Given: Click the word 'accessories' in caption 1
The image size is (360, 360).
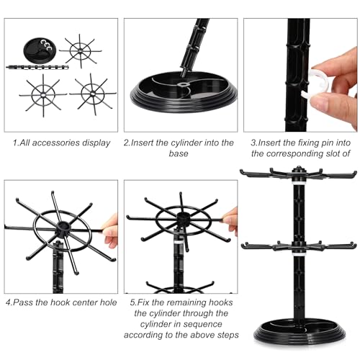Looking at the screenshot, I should [x=62, y=143].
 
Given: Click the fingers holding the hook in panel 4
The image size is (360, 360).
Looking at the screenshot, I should [x=110, y=232].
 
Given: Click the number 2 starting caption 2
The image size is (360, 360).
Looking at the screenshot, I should [x=126, y=143].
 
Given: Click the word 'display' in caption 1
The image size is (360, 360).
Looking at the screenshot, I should [x=98, y=143].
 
